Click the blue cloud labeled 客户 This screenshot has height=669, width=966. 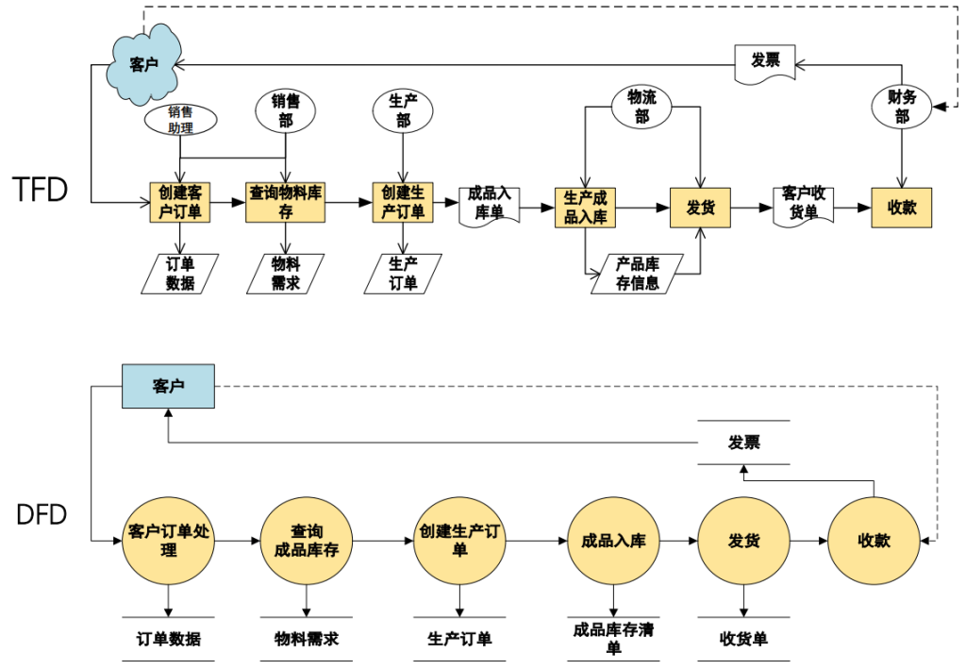(142, 64)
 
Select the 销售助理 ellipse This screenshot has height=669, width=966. (180, 120)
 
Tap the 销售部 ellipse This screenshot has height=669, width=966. (285, 112)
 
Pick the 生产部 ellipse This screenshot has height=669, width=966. (404, 112)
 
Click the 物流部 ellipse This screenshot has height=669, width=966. (641, 107)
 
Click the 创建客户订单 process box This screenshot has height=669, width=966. (180, 203)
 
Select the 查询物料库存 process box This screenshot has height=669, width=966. (285, 203)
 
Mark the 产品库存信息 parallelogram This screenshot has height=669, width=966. (638, 274)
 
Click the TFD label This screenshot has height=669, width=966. (41, 190)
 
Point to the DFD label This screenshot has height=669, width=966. (42, 515)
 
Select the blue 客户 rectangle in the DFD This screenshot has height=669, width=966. (168, 386)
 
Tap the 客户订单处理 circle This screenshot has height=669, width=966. (168, 541)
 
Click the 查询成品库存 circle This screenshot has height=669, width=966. (307, 541)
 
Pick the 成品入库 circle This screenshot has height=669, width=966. (613, 541)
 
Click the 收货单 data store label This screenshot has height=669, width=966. (743, 639)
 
